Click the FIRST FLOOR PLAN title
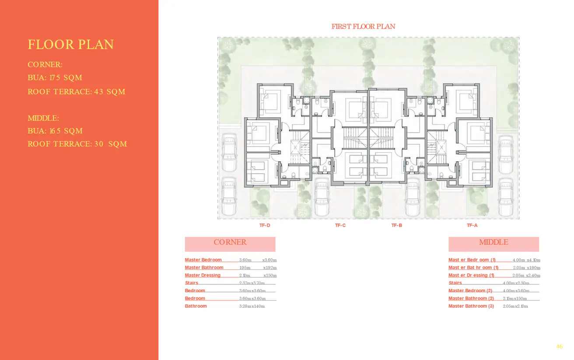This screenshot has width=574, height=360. tap(363, 27)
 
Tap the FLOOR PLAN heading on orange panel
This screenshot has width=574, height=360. tap(71, 45)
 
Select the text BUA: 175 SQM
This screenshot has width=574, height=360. tap(55, 78)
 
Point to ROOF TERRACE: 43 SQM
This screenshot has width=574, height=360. tap(77, 92)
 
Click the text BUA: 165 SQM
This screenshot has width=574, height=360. tap(55, 131)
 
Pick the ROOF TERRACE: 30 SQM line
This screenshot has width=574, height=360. tap(77, 144)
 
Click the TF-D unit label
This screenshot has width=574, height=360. tap(265, 226)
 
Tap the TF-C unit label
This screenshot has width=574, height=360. tap(340, 226)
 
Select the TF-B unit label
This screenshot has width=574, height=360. tap(397, 226)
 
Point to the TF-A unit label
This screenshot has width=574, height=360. tap(472, 226)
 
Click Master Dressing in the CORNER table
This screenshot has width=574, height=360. tap(203, 276)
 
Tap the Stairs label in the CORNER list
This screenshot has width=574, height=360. tap(192, 283)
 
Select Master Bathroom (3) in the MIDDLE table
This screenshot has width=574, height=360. tap(471, 306)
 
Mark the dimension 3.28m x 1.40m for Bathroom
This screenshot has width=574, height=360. tap(252, 306)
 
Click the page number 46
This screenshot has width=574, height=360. tap(560, 347)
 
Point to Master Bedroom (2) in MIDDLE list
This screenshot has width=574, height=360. tap(470, 291)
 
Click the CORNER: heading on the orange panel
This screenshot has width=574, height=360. tap(45, 65)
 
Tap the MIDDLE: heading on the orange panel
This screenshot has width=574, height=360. tap(43, 119)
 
